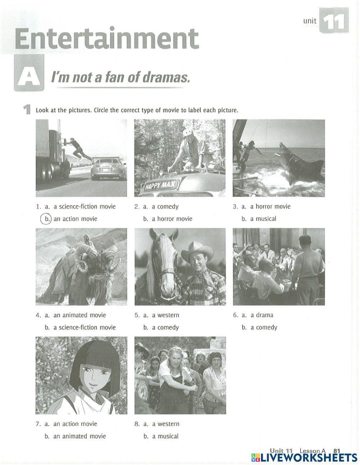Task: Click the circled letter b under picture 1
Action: click(x=46, y=219)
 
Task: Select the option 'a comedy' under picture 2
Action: click(x=165, y=206)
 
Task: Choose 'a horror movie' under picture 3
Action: click(x=270, y=206)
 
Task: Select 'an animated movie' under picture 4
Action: click(x=80, y=315)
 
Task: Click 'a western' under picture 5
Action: click(x=165, y=315)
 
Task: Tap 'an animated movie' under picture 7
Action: click(x=80, y=436)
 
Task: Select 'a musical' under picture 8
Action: click(x=165, y=436)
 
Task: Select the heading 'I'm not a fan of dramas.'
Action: click(x=120, y=77)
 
